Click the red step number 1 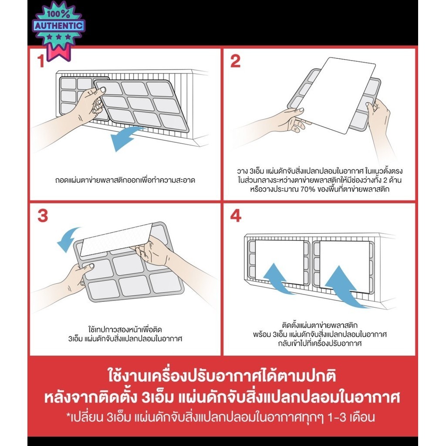coord(41,61)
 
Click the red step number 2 coord(235,61)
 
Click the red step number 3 coord(42,216)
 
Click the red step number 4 coord(235,216)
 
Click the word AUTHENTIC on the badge coord(59,26)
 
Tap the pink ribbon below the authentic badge coord(59,53)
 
